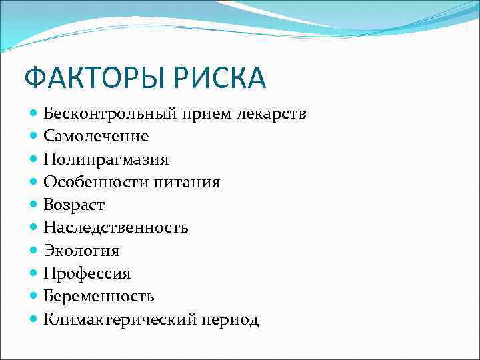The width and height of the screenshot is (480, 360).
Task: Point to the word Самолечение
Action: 96,137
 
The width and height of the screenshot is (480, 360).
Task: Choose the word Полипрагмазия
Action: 106,160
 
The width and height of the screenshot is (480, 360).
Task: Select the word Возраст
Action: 74,205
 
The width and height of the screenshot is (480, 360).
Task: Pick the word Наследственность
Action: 116,228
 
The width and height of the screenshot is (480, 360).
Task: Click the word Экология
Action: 81,251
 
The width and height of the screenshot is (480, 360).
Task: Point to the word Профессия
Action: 87,273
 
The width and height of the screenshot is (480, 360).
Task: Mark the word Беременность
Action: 99,296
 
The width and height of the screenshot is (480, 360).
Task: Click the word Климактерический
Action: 120,319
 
